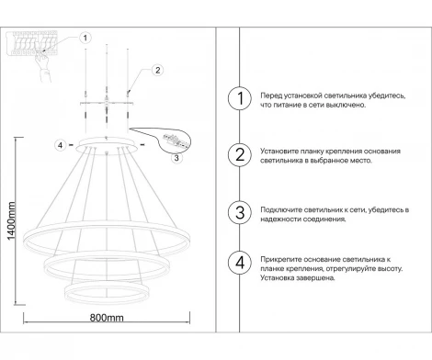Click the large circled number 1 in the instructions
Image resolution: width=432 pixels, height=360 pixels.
(239, 100)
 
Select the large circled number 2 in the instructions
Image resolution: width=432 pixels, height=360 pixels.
(239, 155)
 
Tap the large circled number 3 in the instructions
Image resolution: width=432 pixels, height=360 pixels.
(239, 212)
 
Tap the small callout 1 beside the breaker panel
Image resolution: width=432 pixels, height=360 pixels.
(85, 39)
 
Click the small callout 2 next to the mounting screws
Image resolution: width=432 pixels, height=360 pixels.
(157, 70)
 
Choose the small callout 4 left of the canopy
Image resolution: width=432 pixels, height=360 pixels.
(60, 145)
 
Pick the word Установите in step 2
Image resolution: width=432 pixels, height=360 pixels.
(281, 150)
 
